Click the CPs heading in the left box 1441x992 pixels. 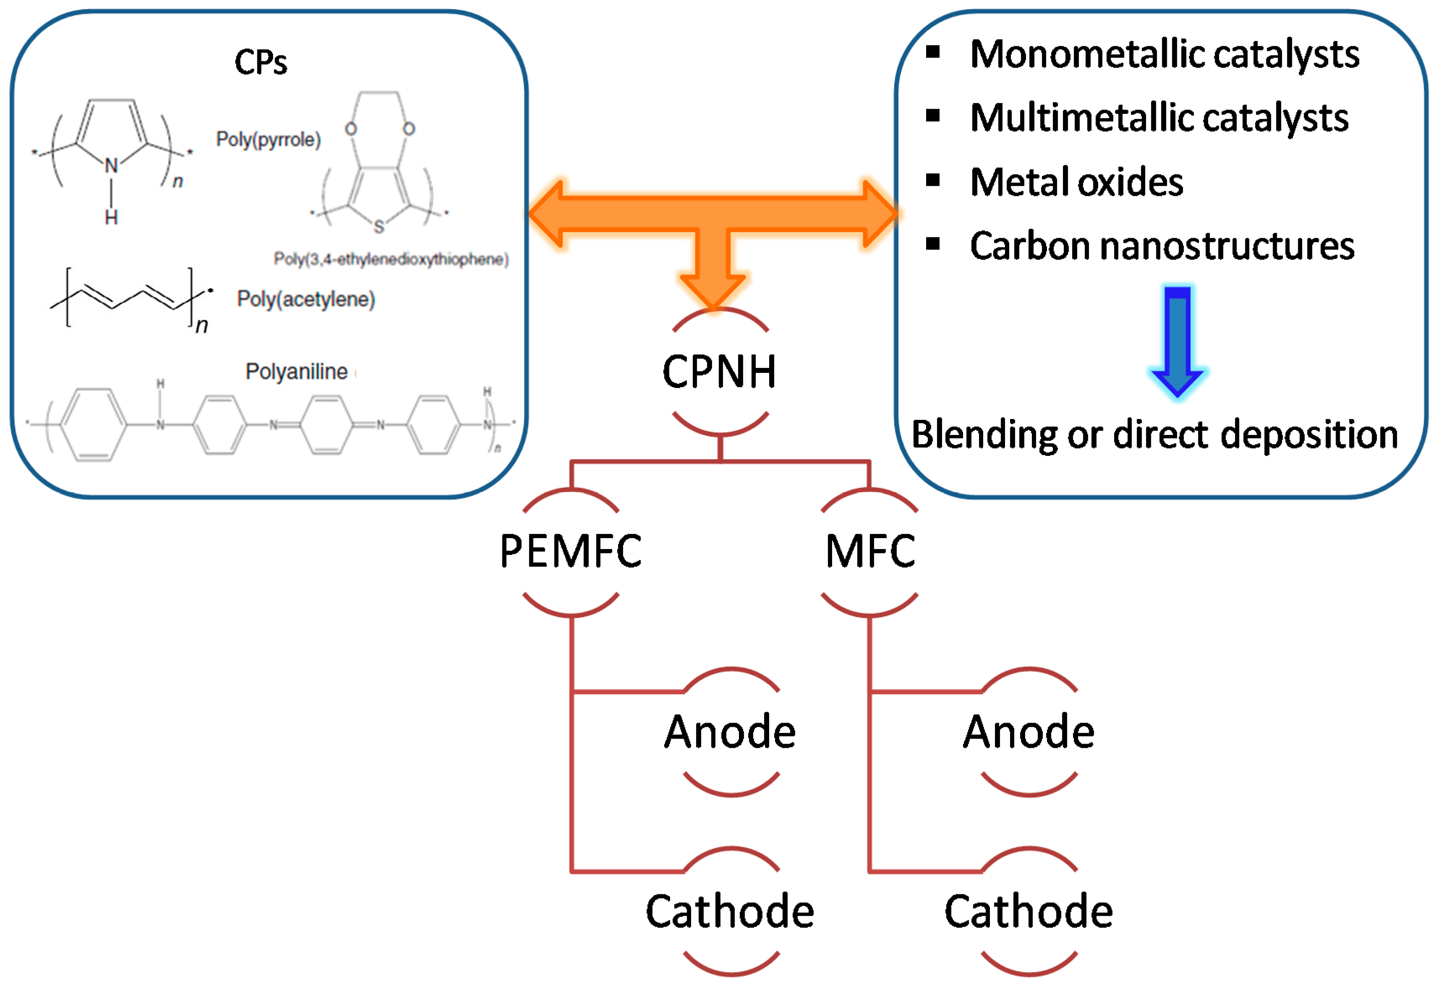click(x=261, y=62)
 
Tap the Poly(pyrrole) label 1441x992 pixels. click(x=268, y=139)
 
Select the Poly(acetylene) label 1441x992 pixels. click(x=306, y=299)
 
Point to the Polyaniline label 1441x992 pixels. click(x=297, y=371)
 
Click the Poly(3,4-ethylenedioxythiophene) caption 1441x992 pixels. click(x=391, y=258)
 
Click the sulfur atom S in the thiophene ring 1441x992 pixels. click(x=379, y=226)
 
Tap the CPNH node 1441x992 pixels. click(x=719, y=372)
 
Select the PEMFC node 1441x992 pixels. click(x=571, y=551)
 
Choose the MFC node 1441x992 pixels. click(x=870, y=551)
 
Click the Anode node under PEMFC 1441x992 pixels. click(x=731, y=732)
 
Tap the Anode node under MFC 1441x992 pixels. click(x=1029, y=732)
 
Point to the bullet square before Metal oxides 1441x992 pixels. click(x=932, y=180)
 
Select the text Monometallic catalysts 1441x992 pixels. click(x=1165, y=54)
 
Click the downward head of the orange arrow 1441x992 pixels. click(x=713, y=291)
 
